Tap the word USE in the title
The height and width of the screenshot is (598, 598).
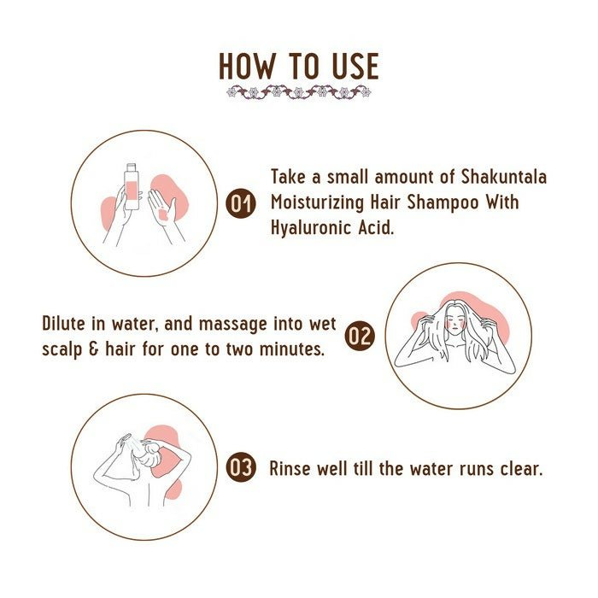coord(349,67)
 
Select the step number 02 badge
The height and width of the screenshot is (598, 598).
coord(360,336)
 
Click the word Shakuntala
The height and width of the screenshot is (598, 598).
coord(503,178)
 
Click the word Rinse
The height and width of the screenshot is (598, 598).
coord(291,468)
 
